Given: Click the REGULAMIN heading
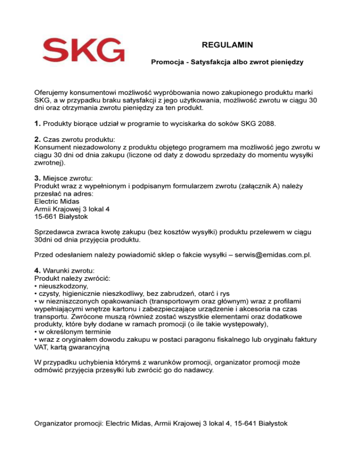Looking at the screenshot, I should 227,45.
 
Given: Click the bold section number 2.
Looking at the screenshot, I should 37,140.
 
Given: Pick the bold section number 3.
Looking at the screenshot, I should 37,178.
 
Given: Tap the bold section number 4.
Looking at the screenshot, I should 37,271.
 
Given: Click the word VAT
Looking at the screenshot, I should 43,347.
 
